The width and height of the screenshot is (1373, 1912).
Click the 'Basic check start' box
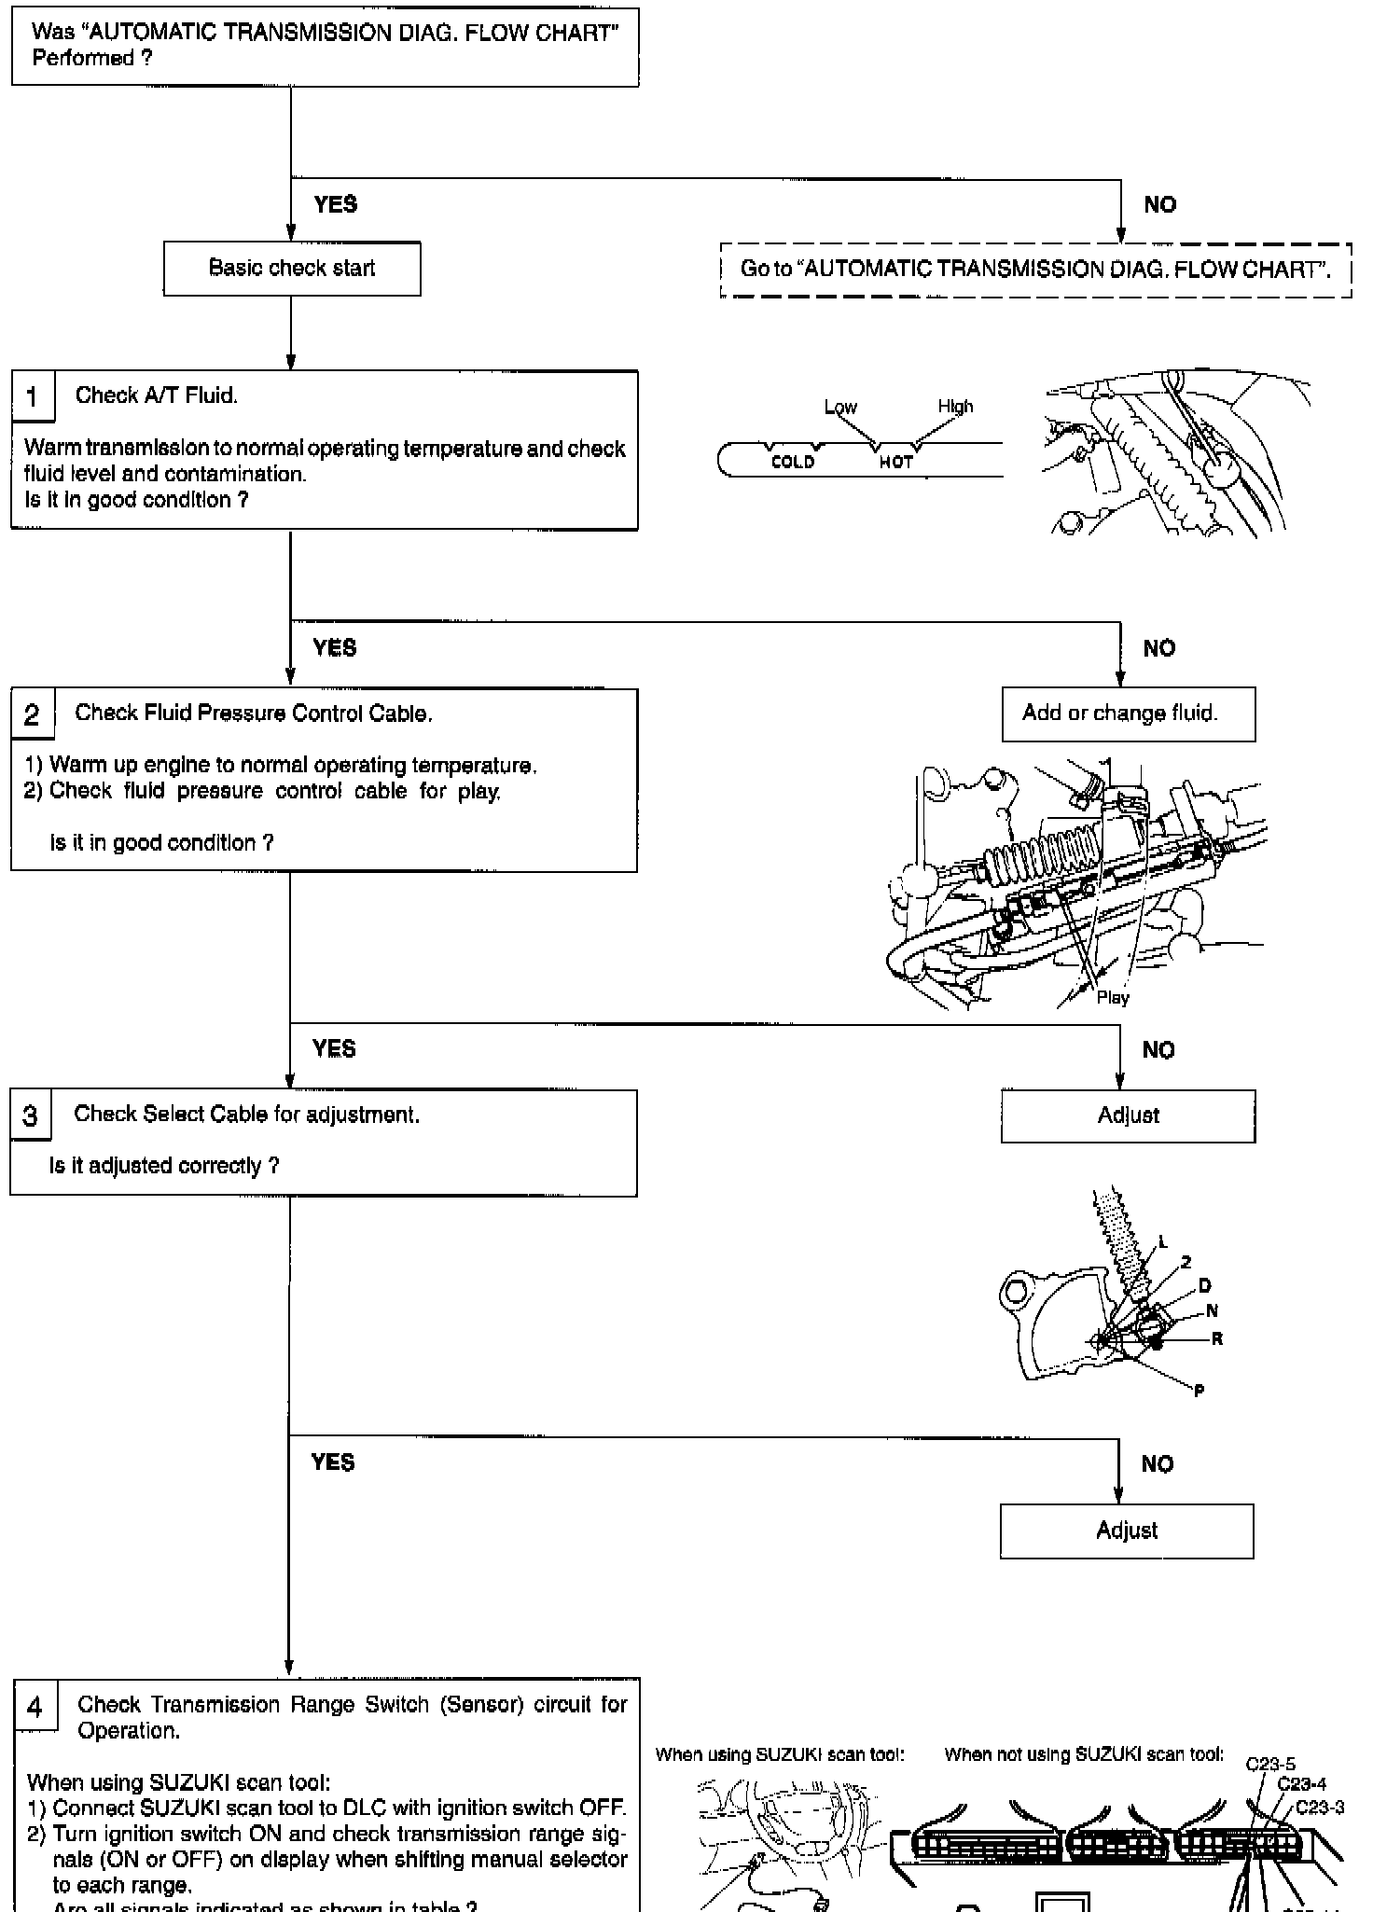coord(292,269)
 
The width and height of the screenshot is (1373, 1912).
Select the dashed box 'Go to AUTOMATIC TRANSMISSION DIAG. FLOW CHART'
coord(1035,270)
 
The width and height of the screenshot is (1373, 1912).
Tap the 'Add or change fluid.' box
coord(1128,714)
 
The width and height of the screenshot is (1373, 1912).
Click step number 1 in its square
coord(33,397)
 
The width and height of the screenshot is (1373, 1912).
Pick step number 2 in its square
coord(33,715)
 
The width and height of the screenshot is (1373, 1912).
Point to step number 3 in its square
coord(31,1116)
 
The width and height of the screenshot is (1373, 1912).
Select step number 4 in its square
coord(35,1708)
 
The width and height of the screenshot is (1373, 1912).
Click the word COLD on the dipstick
coord(793,462)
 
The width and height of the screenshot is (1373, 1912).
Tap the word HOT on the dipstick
coord(895,462)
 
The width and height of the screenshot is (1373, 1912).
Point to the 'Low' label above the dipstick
coord(840,407)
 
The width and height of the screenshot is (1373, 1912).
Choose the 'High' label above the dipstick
coord(955,406)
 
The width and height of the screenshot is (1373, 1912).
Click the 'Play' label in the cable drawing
coord(1113,998)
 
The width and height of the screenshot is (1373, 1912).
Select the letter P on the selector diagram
coord(1199,1391)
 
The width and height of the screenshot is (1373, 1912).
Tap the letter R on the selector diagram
coord(1216,1339)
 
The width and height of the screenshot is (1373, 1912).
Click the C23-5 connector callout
coord(1270,1764)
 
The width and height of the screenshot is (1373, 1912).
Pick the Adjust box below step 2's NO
coord(1128,1115)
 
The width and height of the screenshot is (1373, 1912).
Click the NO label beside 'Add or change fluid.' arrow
coord(1158,648)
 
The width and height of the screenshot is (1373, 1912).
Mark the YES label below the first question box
coord(336,204)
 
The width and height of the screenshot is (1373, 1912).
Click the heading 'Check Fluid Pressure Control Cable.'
coord(254,714)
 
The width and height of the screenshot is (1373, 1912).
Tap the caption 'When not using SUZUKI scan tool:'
coord(1084,1754)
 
